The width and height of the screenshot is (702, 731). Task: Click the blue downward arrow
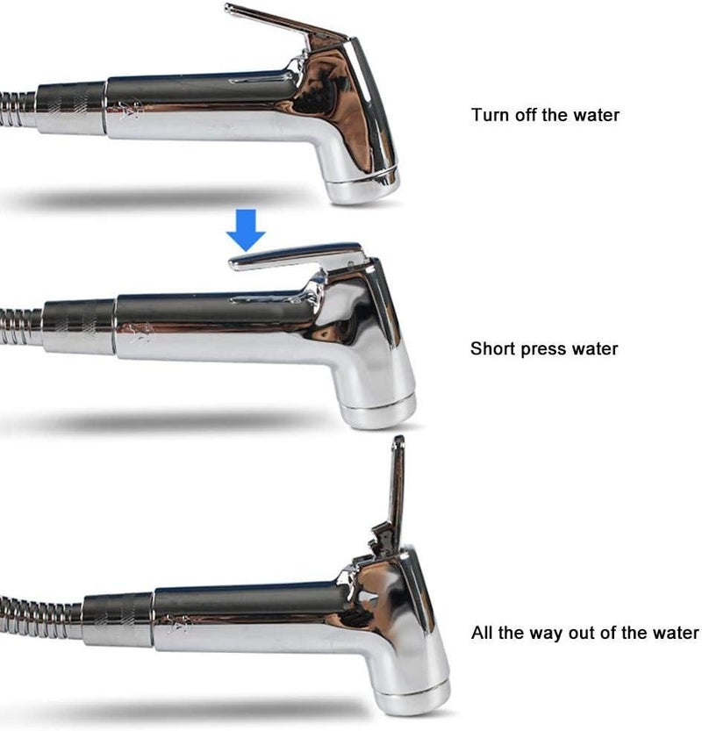246,229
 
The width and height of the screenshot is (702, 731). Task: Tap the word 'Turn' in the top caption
490,115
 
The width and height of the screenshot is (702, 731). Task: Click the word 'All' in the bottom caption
482,633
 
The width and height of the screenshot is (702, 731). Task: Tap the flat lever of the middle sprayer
296,256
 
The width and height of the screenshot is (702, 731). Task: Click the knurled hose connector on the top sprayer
71,110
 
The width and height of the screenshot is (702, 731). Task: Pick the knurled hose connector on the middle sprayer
79,327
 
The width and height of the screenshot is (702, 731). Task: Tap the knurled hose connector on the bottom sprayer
118,620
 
